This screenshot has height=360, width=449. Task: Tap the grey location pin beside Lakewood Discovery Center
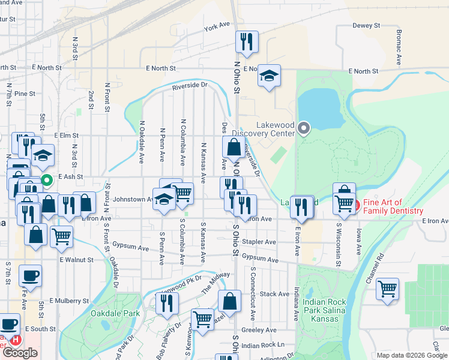[x=304, y=128]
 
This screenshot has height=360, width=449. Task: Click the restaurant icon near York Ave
[x=247, y=42]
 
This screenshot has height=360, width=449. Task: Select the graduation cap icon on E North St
[x=270, y=76]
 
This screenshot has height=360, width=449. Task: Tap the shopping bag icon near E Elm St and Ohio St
[x=234, y=147]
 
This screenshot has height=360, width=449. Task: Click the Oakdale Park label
[x=115, y=313]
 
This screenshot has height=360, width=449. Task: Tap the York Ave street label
[x=217, y=26]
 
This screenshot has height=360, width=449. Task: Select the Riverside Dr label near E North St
[x=190, y=86]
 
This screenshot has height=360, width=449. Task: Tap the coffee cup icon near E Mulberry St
[x=30, y=277]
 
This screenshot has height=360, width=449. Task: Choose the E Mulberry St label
[x=70, y=300]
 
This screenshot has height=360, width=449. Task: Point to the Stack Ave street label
[x=274, y=294]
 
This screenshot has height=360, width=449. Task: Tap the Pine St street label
[x=25, y=94]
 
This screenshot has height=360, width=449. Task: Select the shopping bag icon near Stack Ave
[x=229, y=302]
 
